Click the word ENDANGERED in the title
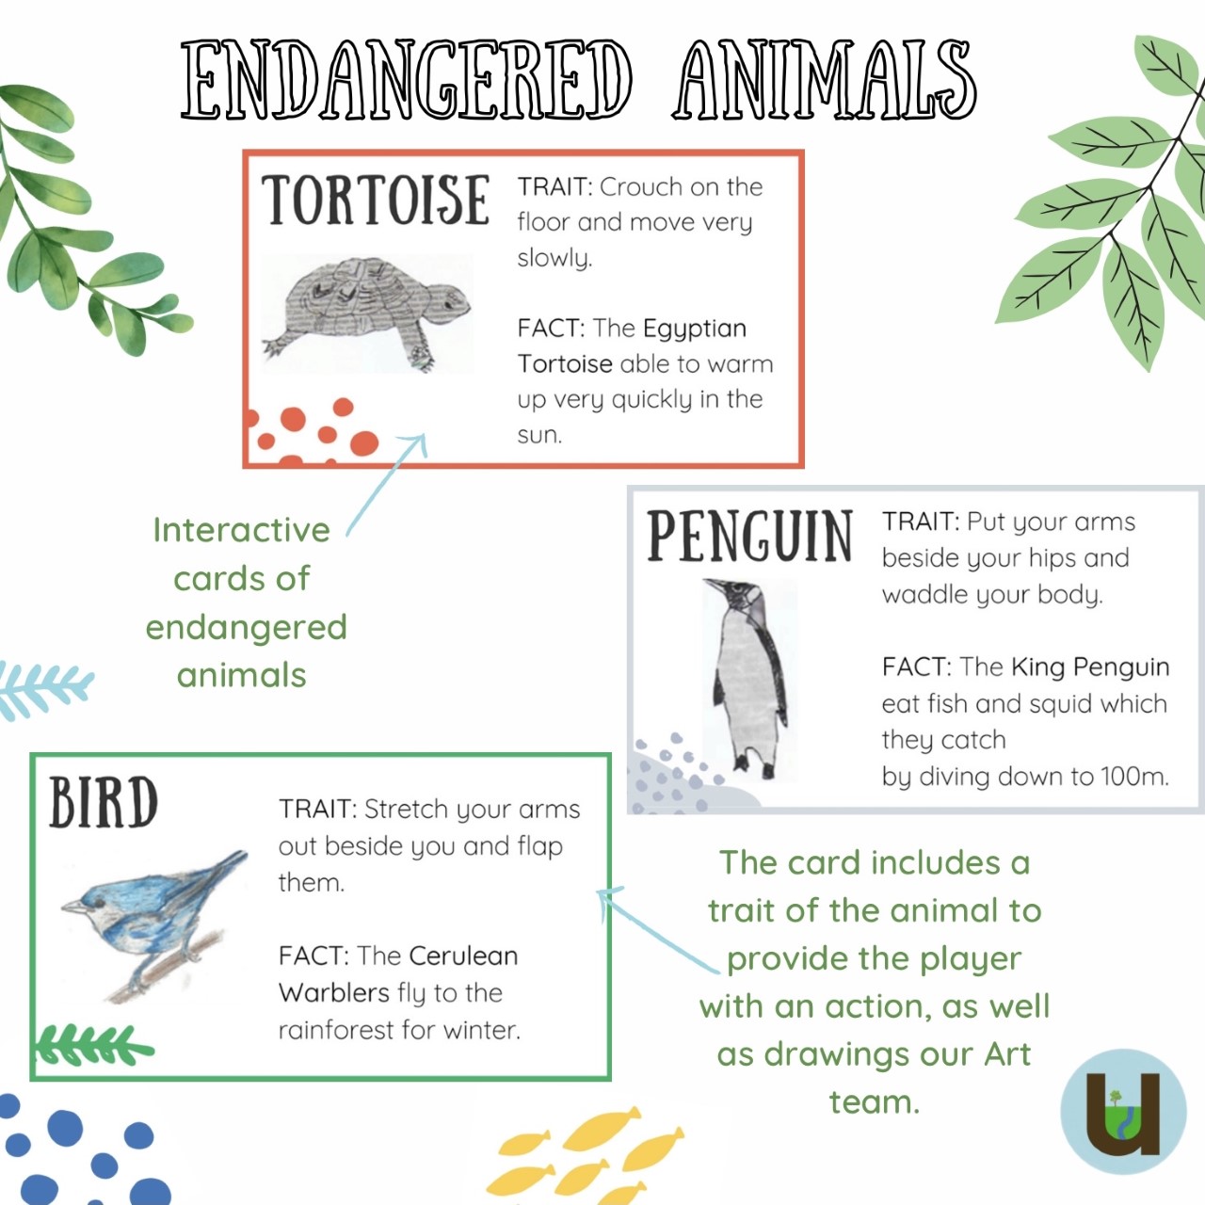click(407, 79)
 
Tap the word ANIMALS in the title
click(824, 79)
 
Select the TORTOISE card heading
click(376, 200)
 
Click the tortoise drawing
click(368, 313)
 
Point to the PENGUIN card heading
click(749, 536)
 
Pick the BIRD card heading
click(104, 802)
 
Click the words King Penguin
click(1090, 667)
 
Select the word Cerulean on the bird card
click(463, 956)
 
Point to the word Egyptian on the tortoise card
click(694, 329)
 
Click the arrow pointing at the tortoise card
click(387, 485)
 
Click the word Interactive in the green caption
click(241, 530)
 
